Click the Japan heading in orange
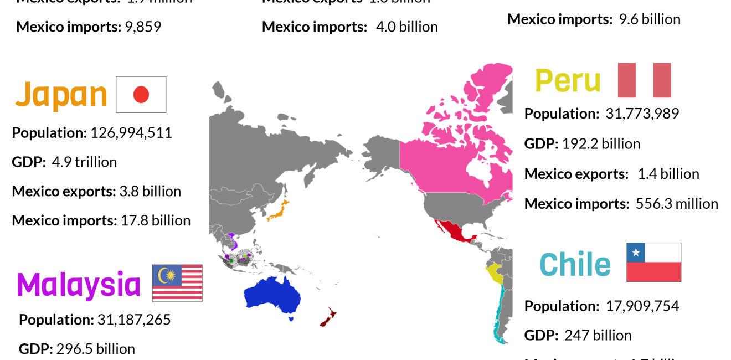click(61, 95)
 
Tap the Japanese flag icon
click(141, 95)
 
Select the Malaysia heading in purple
click(79, 285)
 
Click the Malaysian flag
click(177, 283)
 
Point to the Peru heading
click(568, 81)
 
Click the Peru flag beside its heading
click(644, 80)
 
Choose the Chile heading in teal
click(575, 264)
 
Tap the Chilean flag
click(653, 262)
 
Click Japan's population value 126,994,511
click(131, 133)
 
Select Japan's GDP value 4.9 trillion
click(84, 162)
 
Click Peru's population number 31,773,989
click(642, 114)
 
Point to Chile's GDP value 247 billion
click(598, 335)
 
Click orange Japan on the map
click(280, 210)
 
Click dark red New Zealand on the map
click(328, 317)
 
